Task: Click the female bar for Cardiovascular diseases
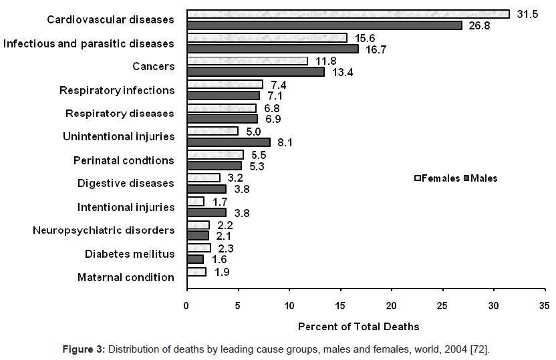click(347, 14)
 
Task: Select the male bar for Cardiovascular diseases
click(324, 25)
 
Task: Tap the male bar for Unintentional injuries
click(229, 142)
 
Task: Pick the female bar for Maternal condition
click(196, 272)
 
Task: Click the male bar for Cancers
click(255, 71)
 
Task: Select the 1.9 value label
click(223, 272)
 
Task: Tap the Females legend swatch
click(417, 178)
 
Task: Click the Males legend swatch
click(467, 178)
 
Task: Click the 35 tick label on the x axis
click(545, 306)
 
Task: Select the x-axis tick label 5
click(238, 306)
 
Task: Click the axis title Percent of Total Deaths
click(358, 327)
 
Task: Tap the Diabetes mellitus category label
click(130, 254)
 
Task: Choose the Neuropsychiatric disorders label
click(104, 230)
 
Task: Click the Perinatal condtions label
click(124, 160)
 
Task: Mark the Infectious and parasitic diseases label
click(89, 43)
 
